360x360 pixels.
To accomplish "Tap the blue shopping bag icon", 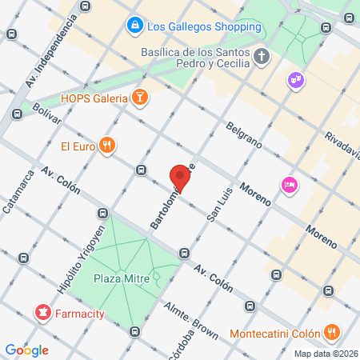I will [x=135, y=26].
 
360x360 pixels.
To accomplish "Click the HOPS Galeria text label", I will [x=94, y=98].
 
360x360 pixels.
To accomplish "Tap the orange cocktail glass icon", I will [x=140, y=98].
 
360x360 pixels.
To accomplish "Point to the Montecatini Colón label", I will [x=274, y=333].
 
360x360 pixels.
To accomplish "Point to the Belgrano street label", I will [x=244, y=134].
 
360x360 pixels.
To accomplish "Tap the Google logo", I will [x=27, y=350].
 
